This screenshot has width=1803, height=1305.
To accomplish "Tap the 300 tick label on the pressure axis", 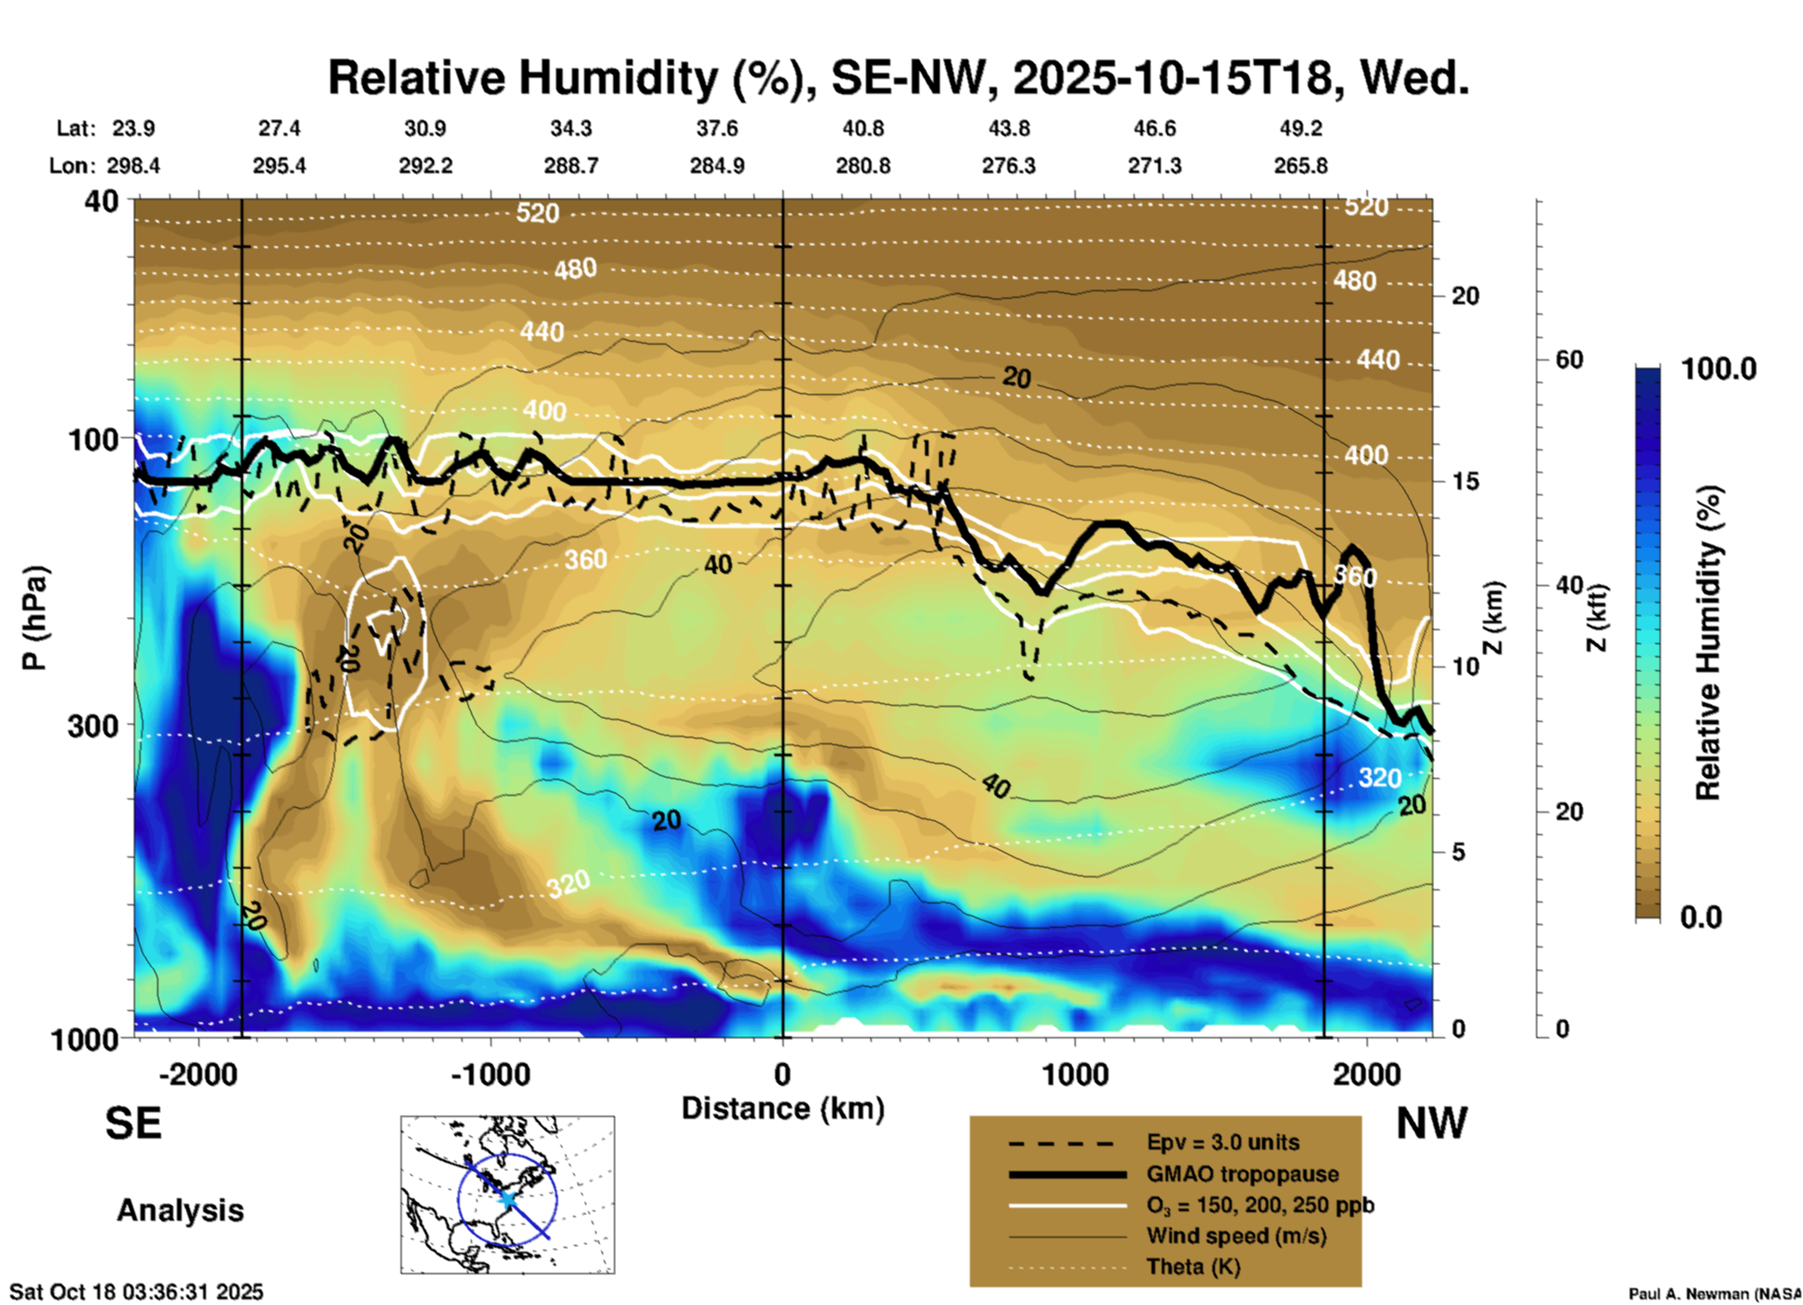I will coord(94,726).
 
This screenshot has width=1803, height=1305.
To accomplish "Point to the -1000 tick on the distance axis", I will coord(491,1074).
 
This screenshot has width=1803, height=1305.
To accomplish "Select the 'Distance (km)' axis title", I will coord(783,1108).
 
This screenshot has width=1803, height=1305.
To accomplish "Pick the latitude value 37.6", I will coord(716,128).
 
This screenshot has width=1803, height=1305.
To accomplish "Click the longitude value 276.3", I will coord(1008,166).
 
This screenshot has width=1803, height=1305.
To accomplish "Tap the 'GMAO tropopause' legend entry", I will coord(1242,1174).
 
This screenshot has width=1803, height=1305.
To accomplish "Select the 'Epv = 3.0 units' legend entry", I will coord(1223,1142).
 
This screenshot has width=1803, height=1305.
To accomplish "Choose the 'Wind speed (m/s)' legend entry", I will coord(1236,1236).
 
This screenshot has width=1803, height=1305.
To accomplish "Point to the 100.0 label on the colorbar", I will coord(1719,369).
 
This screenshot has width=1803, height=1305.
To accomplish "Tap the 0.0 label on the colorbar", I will coord(1701,916).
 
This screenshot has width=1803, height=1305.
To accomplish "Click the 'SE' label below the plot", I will coord(133,1123).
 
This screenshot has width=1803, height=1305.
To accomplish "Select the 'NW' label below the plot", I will coord(1431,1123).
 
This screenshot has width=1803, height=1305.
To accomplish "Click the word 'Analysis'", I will coord(180,1210).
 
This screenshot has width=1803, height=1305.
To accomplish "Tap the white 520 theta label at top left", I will coord(537,213).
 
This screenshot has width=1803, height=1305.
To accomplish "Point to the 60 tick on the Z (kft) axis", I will coord(1569,359).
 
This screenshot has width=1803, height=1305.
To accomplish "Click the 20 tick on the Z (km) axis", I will coord(1465,296).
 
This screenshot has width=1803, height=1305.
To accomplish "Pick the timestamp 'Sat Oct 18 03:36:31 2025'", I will coord(137,1292).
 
